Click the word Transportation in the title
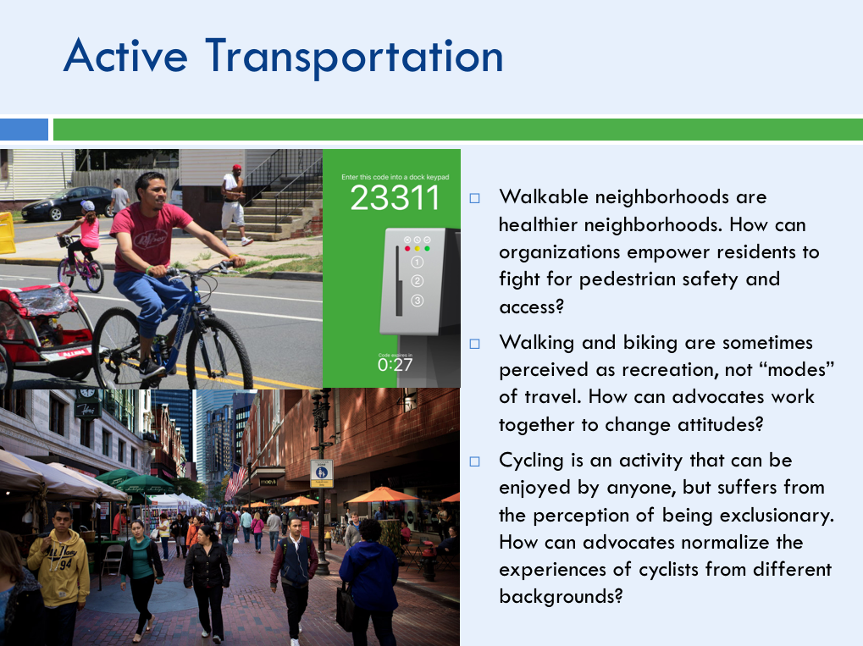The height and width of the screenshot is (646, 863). [355, 58]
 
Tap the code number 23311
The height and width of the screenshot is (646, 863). [395, 198]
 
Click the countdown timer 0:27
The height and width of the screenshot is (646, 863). [395, 365]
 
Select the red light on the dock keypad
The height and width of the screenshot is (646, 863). [407, 249]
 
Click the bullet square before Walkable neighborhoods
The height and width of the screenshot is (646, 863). [474, 198]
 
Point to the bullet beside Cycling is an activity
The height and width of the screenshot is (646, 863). [474, 461]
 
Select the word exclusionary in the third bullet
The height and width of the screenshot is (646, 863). [777, 516]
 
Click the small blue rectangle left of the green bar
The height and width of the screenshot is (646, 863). [24, 130]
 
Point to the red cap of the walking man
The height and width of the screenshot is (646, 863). [236, 168]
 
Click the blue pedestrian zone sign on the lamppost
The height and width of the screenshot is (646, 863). [322, 473]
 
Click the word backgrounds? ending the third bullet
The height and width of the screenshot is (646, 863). [561, 597]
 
